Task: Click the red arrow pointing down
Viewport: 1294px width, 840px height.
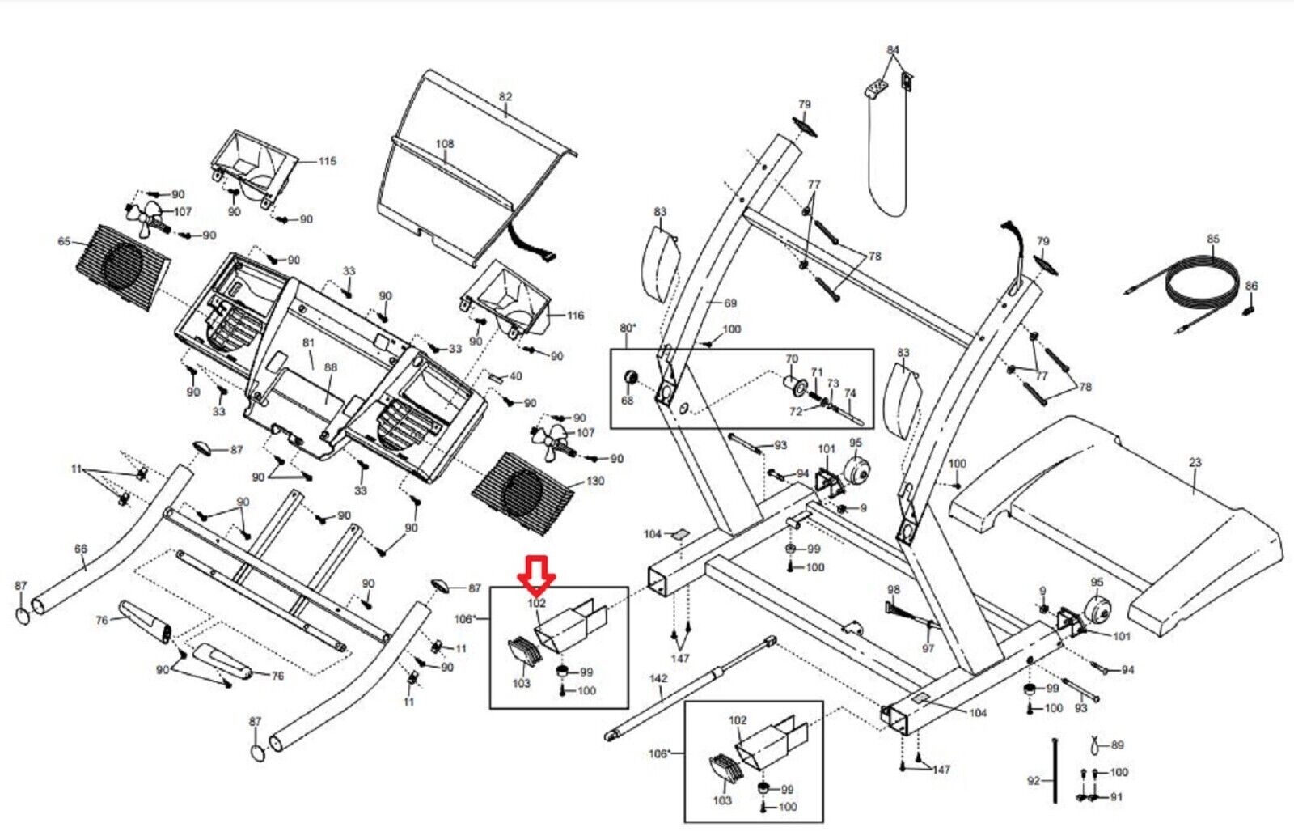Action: point(537,576)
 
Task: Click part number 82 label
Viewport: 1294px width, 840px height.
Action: point(505,96)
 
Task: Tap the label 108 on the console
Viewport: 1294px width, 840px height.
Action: point(445,143)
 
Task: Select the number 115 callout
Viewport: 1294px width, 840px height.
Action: point(328,161)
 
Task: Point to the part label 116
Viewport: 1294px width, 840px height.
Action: point(575,315)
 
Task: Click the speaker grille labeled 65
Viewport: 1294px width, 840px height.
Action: point(123,266)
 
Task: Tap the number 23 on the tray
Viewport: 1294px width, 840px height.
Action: point(1195,462)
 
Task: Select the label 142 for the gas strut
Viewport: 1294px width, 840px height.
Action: point(658,678)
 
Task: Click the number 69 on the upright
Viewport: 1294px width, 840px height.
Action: point(730,303)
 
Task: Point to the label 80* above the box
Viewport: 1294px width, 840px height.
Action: point(628,328)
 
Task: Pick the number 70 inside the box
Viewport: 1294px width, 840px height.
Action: point(792,358)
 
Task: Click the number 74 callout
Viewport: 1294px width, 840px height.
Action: point(850,393)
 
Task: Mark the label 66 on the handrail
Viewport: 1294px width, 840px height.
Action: point(81,548)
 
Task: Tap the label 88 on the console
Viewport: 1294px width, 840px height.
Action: point(331,367)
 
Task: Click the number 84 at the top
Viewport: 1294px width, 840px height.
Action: point(893,49)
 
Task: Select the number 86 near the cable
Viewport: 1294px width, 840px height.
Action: point(1251,286)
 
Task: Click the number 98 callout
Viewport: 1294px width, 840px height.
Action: point(894,589)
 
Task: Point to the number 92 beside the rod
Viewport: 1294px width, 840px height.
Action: point(1034,780)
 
